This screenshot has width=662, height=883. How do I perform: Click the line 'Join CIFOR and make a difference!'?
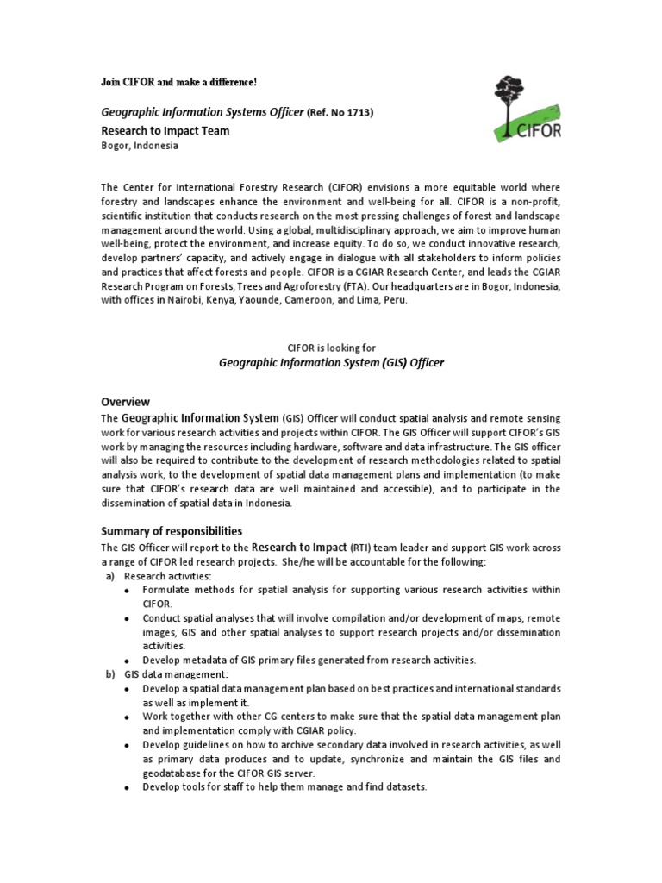tap(179, 82)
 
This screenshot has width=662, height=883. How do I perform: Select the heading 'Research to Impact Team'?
tap(165, 130)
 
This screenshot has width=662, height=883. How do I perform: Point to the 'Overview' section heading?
tap(125, 402)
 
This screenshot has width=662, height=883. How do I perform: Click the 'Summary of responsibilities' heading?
tap(172, 531)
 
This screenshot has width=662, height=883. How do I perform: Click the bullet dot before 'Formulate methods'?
tap(128, 591)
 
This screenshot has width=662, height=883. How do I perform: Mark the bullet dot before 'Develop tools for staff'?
tap(128, 788)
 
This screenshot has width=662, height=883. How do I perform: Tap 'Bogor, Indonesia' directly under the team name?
tap(140, 146)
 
